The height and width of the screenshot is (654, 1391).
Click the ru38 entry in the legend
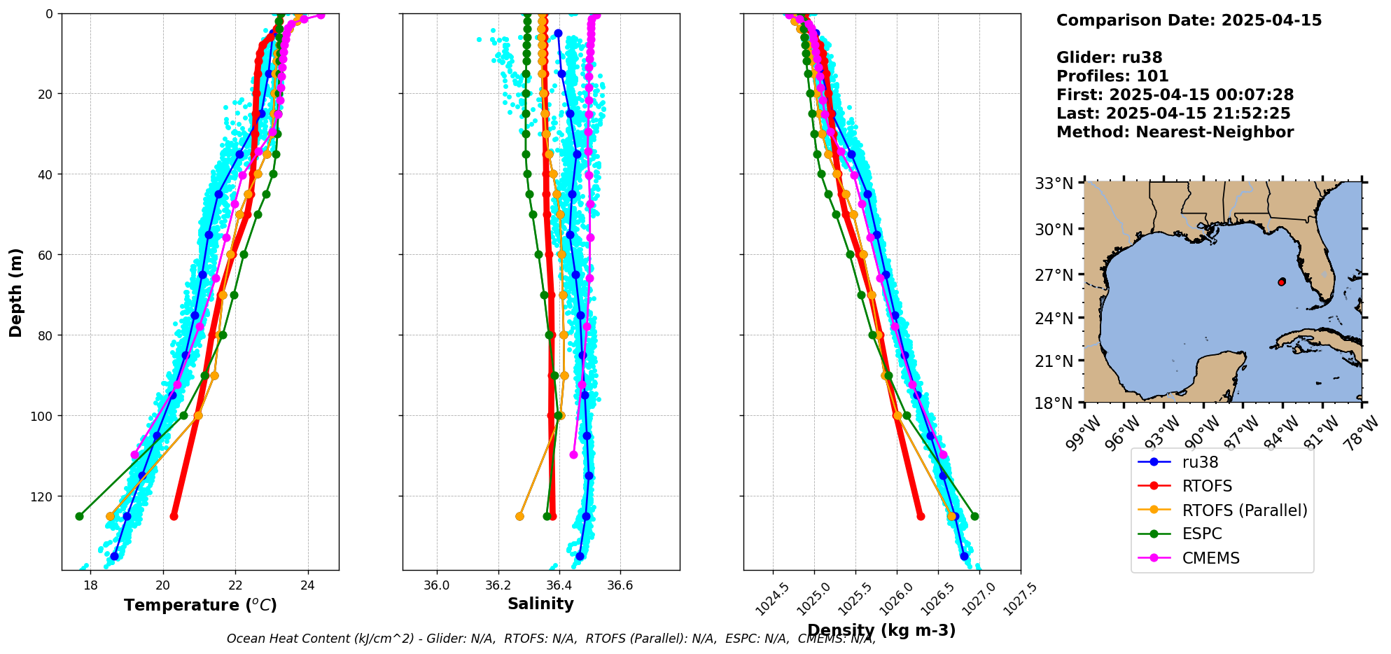tap(1200, 462)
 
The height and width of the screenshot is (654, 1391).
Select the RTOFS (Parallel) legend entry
tap(1244, 510)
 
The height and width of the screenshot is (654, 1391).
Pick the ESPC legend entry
tap(1201, 534)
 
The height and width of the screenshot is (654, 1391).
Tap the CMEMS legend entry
tap(1210, 558)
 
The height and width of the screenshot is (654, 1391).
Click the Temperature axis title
tap(200, 605)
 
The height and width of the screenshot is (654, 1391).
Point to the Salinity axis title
tap(540, 604)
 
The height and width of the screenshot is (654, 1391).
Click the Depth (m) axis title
tap(15, 292)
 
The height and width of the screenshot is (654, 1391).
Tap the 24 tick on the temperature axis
tap(308, 584)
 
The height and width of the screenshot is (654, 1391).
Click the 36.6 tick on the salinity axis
tap(620, 584)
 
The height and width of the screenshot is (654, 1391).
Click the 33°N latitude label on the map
tap(1054, 183)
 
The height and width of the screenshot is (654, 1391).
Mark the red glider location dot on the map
tap(1282, 281)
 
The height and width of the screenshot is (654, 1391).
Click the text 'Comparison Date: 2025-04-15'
tap(1189, 20)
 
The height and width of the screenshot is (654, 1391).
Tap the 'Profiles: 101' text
tap(1112, 76)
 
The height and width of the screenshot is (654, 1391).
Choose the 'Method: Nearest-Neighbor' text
tap(1175, 132)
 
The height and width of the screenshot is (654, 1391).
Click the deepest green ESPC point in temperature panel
tap(79, 516)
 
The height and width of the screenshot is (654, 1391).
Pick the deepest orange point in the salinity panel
tap(519, 516)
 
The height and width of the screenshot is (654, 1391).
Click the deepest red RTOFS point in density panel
tap(921, 516)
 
